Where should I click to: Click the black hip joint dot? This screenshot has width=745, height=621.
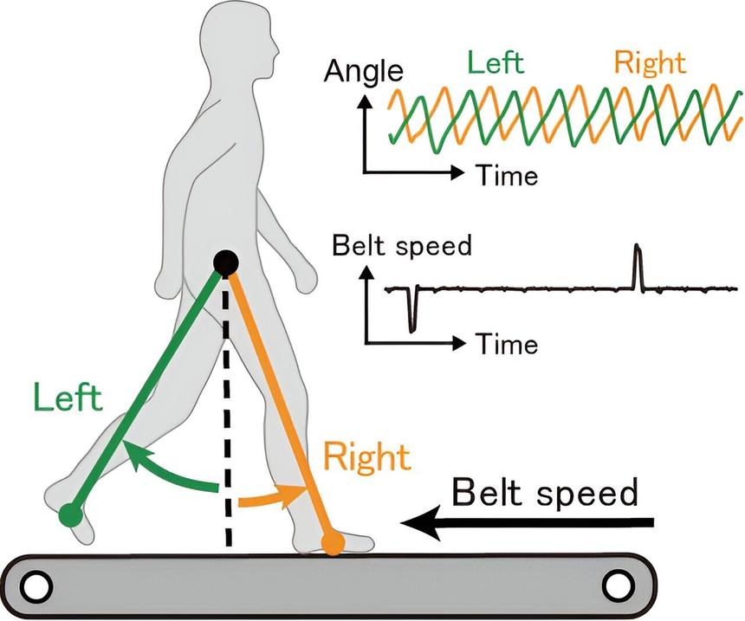click(x=225, y=261)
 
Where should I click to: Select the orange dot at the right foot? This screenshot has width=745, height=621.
click(x=332, y=543)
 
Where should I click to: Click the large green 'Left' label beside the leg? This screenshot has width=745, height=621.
click(x=68, y=398)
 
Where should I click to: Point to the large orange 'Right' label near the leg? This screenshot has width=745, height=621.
click(x=366, y=456)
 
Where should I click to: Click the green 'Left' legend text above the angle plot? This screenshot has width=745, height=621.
click(x=496, y=63)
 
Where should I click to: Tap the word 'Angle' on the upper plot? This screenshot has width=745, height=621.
click(x=364, y=71)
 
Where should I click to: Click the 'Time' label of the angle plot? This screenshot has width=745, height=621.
click(x=506, y=176)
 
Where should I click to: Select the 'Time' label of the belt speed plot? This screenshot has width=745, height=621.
click(x=506, y=345)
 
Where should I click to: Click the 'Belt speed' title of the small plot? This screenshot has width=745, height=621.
click(x=402, y=246)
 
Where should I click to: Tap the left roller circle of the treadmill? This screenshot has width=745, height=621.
click(x=36, y=586)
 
